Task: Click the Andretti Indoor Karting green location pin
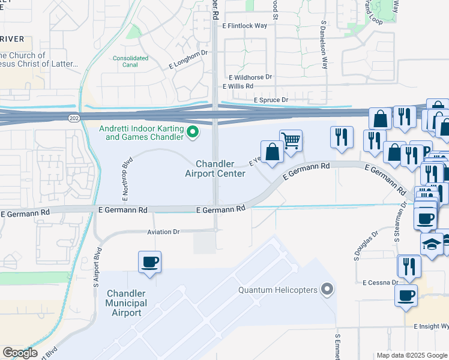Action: pos(193,132)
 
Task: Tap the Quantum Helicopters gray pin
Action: pos(327,290)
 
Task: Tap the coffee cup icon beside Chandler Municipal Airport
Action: pos(149,262)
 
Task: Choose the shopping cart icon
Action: pos(291,140)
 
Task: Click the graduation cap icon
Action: pos(432,244)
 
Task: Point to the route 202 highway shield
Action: pos(73,118)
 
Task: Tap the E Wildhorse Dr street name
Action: pos(250,77)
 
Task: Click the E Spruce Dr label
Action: pos(271,100)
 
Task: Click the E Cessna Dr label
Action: pos(380,282)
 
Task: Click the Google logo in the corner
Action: pos(20,353)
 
